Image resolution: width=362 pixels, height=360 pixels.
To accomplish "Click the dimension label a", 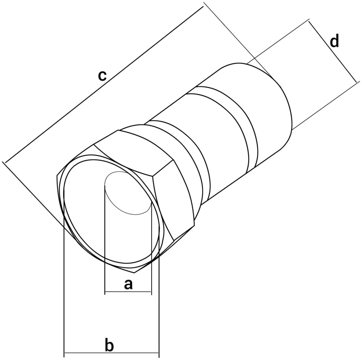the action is (x=128, y=284).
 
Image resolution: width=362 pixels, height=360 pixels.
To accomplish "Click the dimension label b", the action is (x=109, y=345).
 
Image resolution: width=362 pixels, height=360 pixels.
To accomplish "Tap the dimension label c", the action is (x=102, y=75).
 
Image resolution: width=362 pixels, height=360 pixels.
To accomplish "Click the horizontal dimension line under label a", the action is (x=128, y=292).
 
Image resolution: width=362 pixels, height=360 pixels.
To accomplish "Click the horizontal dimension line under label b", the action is (x=111, y=353).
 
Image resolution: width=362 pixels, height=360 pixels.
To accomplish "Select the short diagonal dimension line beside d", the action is (x=334, y=51).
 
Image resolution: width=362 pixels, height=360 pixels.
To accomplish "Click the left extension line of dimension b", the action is (x=64, y=272).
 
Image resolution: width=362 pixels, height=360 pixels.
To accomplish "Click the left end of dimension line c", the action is (x=5, y=162).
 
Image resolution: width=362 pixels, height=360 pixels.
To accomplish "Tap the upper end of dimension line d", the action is (x=308, y=21).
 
